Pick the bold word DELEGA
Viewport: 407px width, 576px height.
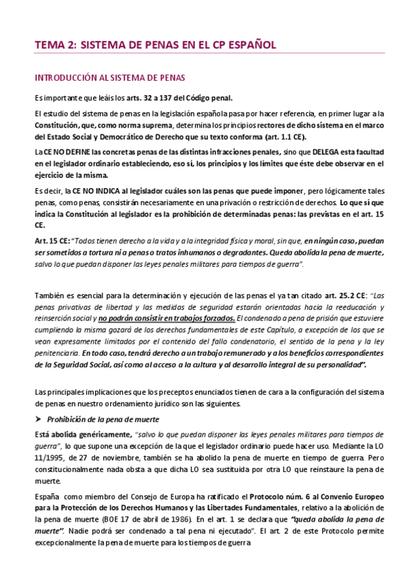[297, 153]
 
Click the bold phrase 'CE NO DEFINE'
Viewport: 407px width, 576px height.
[69, 153]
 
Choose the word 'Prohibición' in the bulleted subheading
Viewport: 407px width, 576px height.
[68, 418]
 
